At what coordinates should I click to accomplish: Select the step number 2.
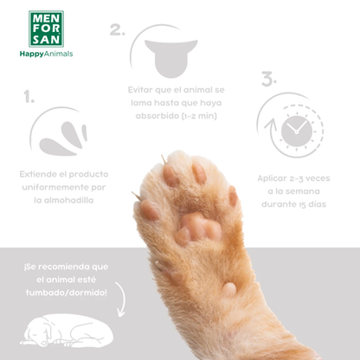click(x=117, y=30)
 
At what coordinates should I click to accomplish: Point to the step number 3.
click(x=268, y=79)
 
